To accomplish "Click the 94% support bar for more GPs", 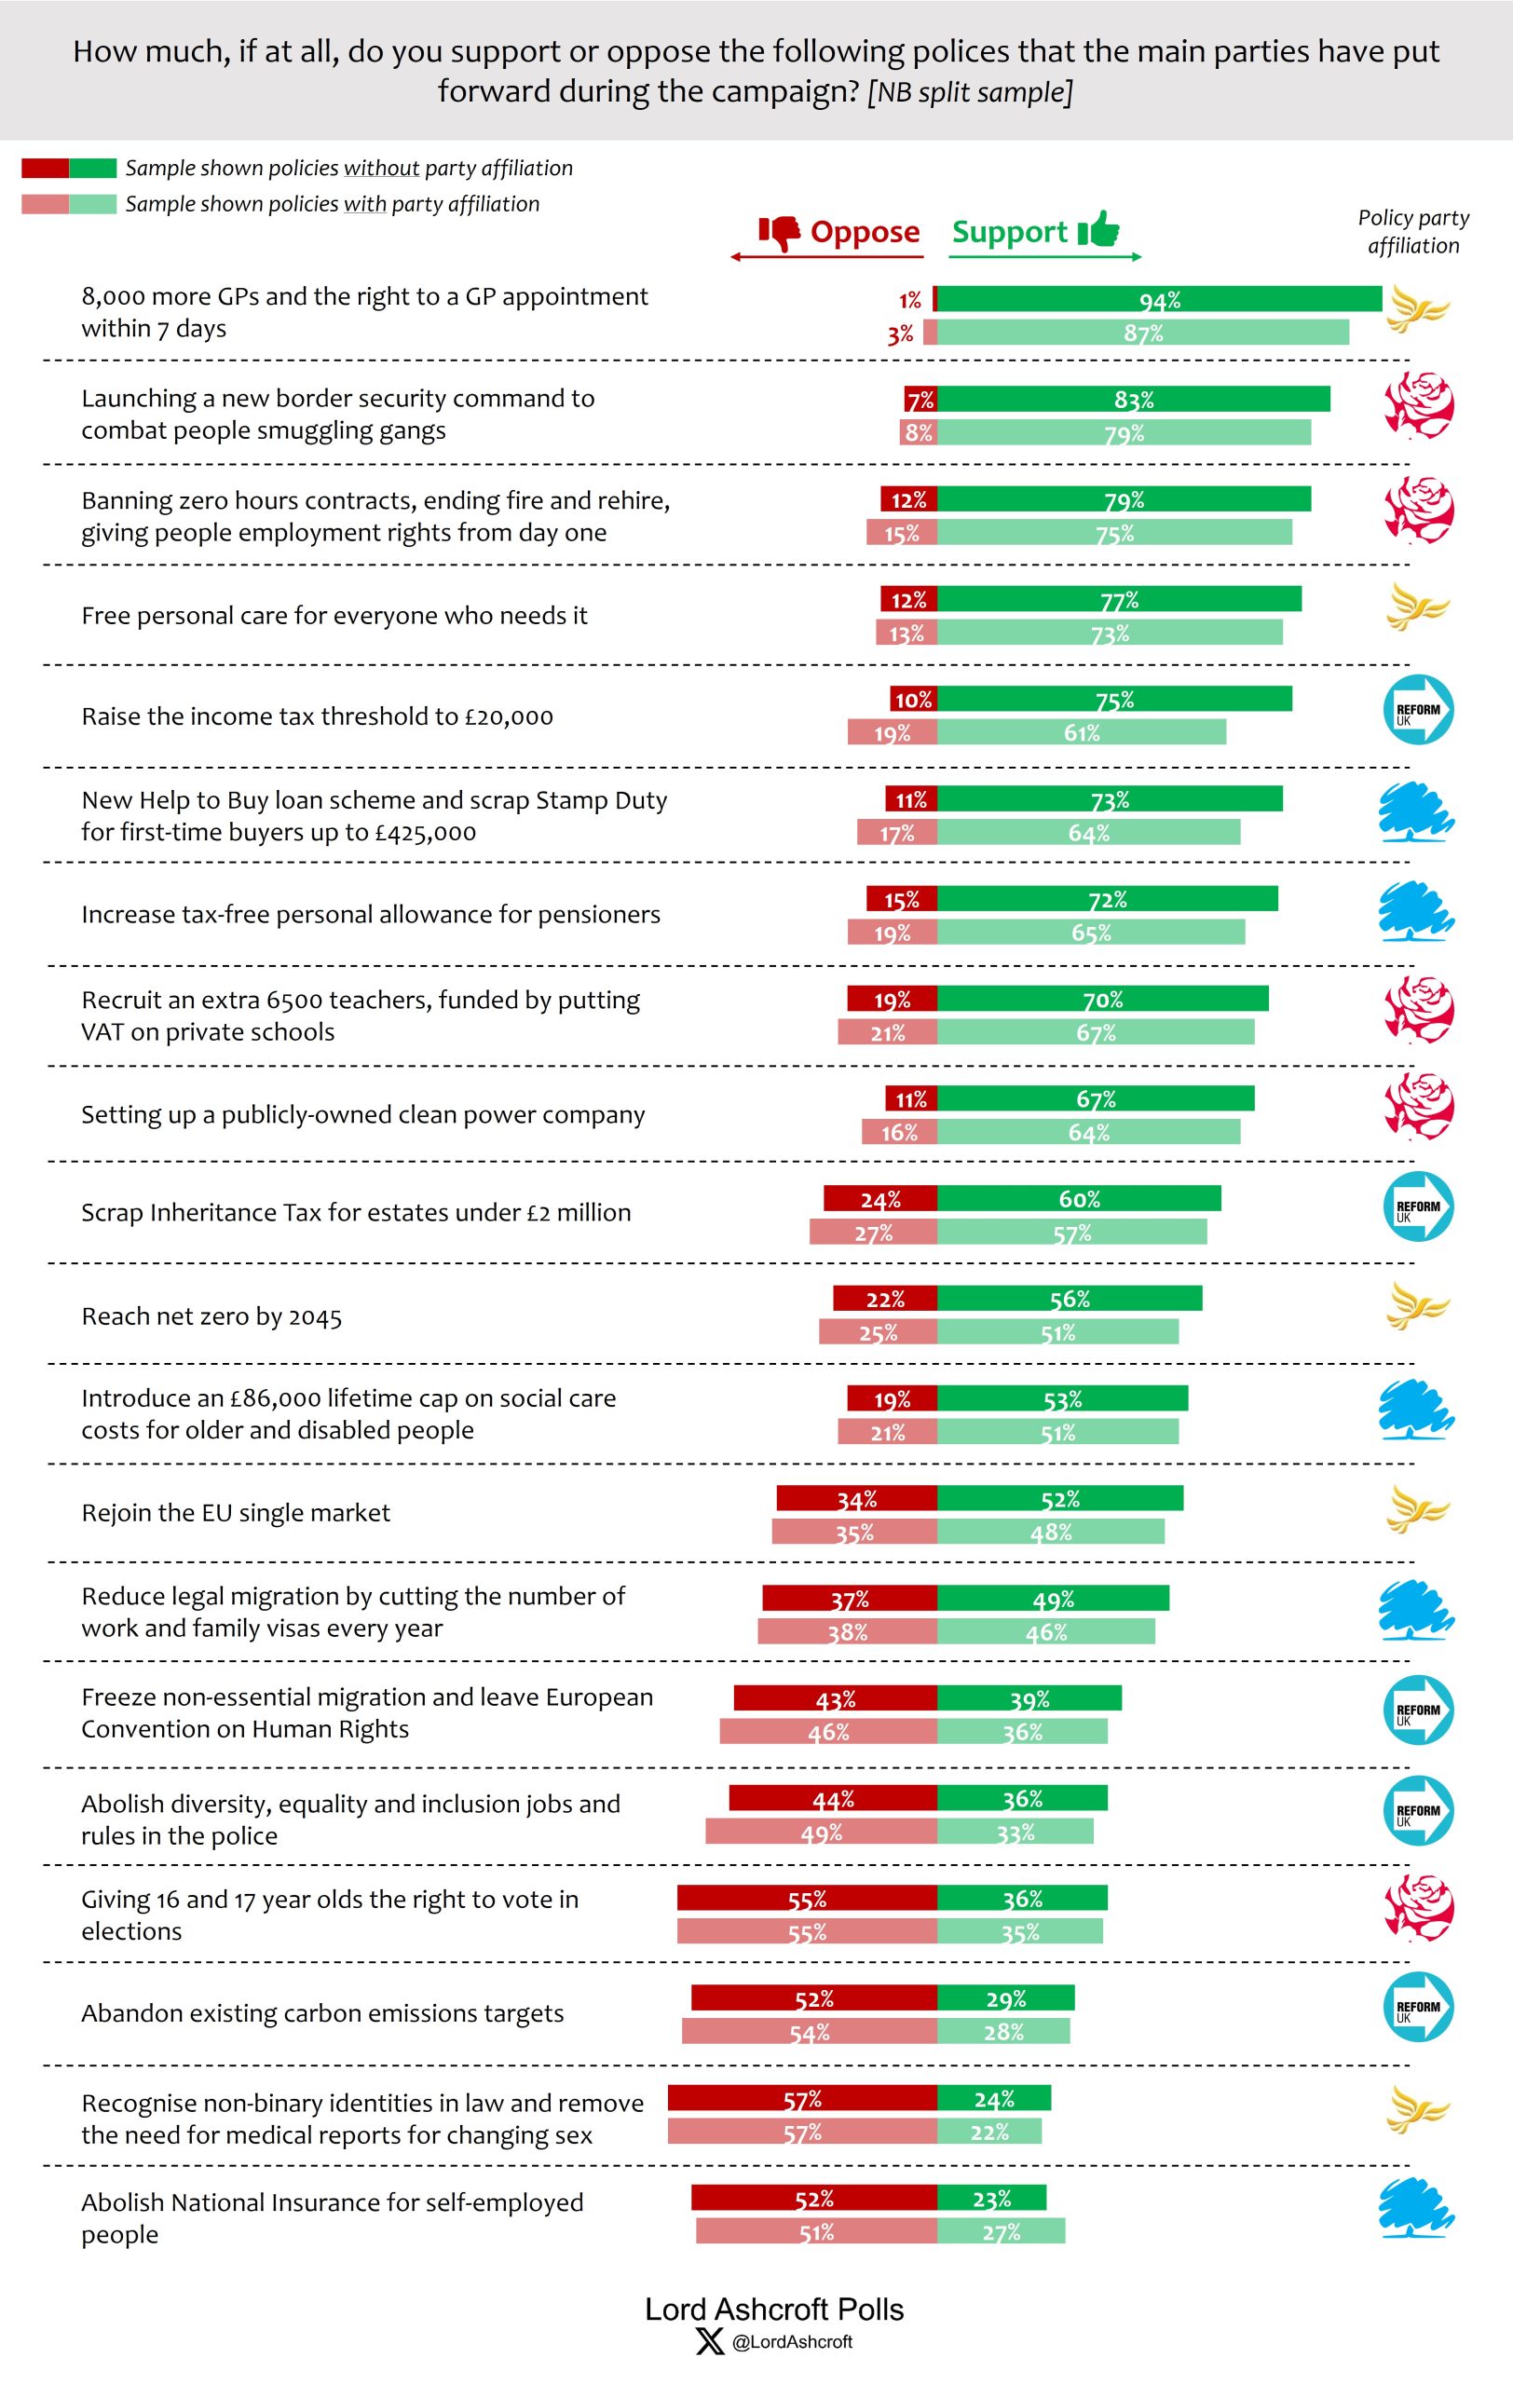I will coord(1159,299).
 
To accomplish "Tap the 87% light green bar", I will coord(1143,333).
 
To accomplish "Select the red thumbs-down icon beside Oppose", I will coord(779,233).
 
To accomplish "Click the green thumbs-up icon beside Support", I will coord(1099,230).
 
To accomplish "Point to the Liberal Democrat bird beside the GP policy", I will coord(1418,309).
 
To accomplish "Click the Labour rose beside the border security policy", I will coord(1418,406).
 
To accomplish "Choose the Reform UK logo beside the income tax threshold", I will coord(1418,710).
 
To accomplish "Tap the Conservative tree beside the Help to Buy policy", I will coord(1416,812).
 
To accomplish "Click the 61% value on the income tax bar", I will coord(1082,733).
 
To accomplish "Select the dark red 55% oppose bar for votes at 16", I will coord(807,1899).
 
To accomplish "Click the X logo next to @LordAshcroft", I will coord(710,2342).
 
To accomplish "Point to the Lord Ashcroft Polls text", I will coord(774,2310).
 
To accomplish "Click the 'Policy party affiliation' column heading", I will coord(1413,232).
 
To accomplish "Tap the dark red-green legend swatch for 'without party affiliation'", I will coord(69,169).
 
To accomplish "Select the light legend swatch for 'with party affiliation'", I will coord(69,204).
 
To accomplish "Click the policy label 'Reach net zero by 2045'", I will coord(211,1316).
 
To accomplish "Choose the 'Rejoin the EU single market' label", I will coord(236,1512).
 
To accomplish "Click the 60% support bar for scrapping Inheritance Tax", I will coord(1078,1199).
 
